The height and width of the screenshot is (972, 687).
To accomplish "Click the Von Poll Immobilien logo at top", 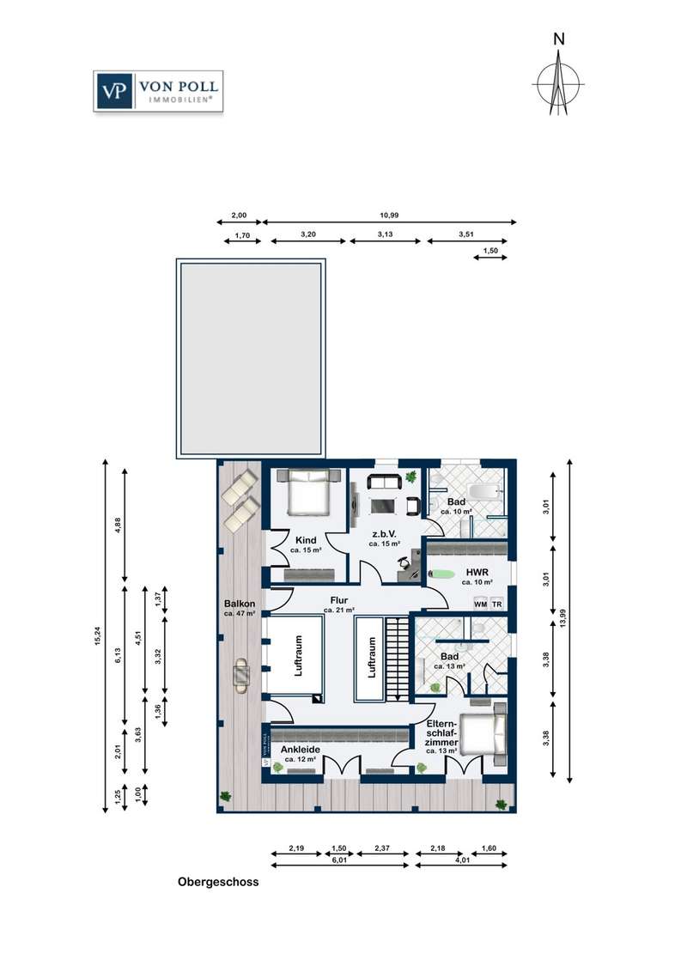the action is (x=158, y=91).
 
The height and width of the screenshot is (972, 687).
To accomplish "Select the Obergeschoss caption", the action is (x=218, y=882).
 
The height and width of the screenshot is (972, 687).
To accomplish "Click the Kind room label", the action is (x=306, y=540).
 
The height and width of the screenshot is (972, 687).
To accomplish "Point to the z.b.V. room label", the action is (x=385, y=534).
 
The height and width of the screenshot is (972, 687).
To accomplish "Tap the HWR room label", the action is (x=477, y=572).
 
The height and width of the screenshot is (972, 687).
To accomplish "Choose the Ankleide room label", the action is (x=301, y=750).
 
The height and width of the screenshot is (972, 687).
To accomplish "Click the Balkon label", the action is (x=240, y=603).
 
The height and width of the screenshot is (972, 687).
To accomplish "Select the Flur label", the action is (x=339, y=600).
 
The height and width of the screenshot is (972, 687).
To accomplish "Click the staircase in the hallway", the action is (x=396, y=659).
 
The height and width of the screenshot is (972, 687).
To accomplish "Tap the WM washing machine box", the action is (x=481, y=604).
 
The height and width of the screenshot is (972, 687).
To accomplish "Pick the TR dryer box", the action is (x=496, y=604).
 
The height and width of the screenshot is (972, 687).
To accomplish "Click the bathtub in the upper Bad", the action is (x=483, y=492).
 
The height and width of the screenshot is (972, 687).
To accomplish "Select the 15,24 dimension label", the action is (x=96, y=635).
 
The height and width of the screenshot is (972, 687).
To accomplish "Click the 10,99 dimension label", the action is (x=389, y=216).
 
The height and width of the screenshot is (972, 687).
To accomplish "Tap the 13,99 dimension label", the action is (x=562, y=618).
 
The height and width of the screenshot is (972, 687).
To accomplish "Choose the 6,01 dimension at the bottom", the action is (x=338, y=860).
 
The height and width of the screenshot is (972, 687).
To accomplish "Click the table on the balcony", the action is (x=241, y=674).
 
